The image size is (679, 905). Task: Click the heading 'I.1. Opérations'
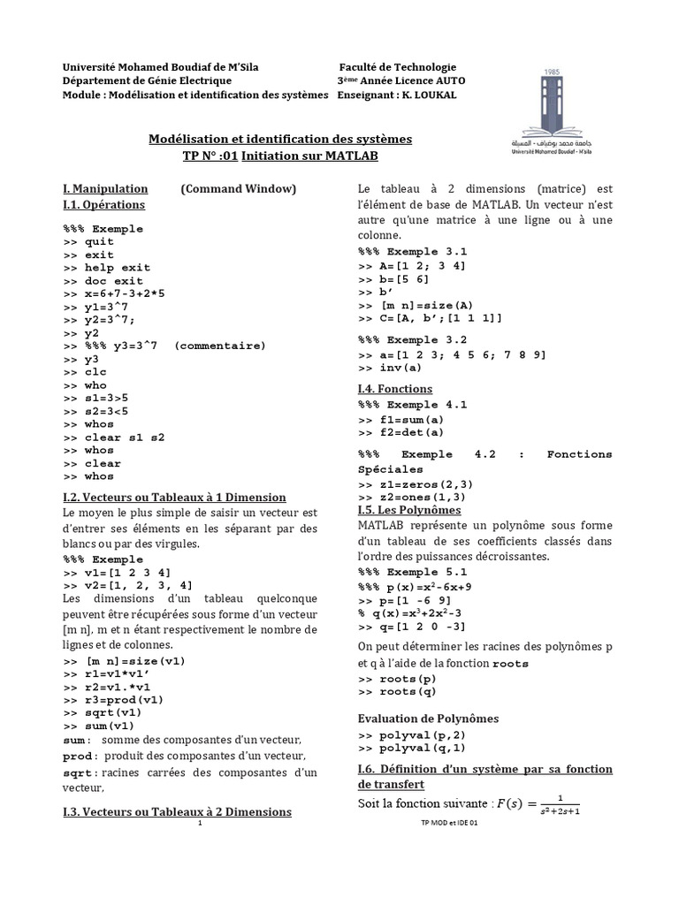pyautogui.click(x=103, y=205)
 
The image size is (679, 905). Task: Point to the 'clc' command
pyautogui.click(x=95, y=372)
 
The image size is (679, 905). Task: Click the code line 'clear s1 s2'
pyautogui.click(x=125, y=437)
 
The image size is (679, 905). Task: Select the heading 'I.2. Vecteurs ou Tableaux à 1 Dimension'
pyautogui.click(x=174, y=498)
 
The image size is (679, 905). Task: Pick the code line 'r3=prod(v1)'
pyautogui.click(x=125, y=699)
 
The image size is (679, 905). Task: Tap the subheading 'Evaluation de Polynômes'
pyautogui.click(x=428, y=718)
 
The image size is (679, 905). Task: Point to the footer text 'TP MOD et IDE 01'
pyautogui.click(x=448, y=822)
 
